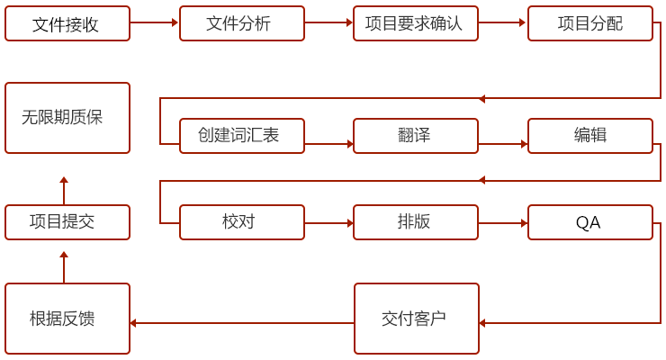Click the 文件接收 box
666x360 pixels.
67,23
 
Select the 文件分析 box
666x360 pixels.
242,23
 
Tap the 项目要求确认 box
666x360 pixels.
415,23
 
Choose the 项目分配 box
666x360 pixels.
589,23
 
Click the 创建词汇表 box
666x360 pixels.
242,136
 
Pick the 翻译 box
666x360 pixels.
415,136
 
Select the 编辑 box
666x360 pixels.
589,136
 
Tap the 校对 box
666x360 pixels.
242,222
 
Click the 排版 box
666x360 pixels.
415,222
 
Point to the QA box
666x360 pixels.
589,222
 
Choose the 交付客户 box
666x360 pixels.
416,319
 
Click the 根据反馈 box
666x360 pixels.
67,319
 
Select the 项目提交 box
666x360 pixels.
67,222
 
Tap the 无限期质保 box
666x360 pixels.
67,118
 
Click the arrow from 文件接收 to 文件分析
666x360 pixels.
154,22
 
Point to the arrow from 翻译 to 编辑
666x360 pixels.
502,144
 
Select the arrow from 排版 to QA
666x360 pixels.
502,223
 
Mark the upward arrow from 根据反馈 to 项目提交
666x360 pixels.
64,267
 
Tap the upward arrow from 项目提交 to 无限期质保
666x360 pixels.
64,191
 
